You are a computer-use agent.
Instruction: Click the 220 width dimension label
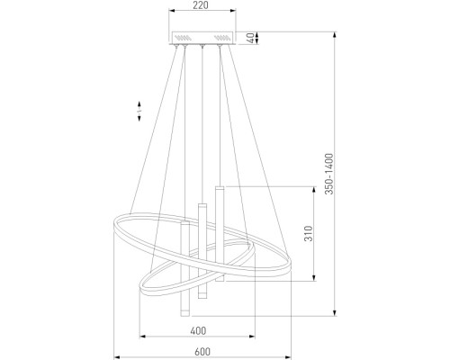click(201, 5)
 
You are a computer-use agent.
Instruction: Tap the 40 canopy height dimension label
click(251, 38)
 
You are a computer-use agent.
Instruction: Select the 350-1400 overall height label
click(329, 174)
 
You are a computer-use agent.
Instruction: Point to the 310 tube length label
click(309, 233)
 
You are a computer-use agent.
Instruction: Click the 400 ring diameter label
click(198, 330)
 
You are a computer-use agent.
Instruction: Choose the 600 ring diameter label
click(202, 352)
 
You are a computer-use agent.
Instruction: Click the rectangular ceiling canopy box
click(202, 38)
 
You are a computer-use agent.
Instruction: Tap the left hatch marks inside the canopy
click(183, 38)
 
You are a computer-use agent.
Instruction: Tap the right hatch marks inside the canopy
click(222, 38)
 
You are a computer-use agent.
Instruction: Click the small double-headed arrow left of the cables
click(139, 111)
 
